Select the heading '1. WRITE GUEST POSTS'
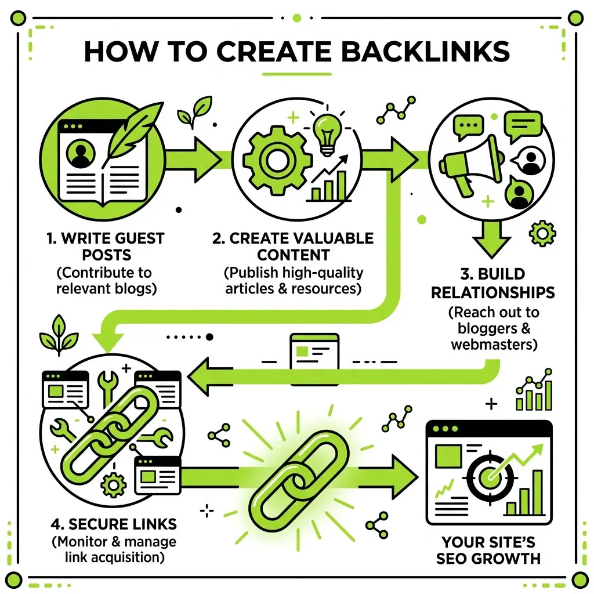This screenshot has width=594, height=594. [x=106, y=247]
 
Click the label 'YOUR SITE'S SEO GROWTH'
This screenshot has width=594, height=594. [x=491, y=550]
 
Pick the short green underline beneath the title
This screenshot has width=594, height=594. [x=296, y=74]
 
